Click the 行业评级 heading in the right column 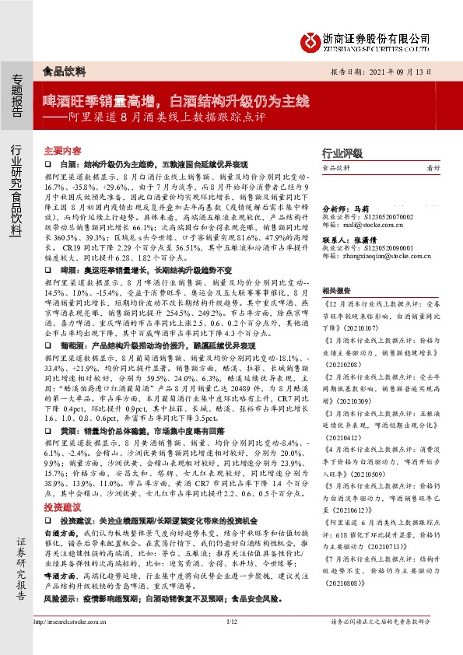[x=343, y=152]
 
